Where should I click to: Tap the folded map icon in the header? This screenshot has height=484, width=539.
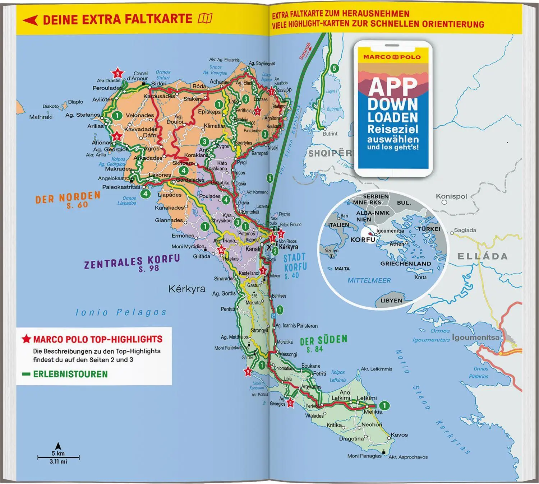[205, 18]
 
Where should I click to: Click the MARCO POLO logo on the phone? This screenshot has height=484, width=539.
[392, 57]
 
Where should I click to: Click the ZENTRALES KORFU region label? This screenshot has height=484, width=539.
[132, 263]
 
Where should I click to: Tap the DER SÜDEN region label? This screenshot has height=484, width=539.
[323, 343]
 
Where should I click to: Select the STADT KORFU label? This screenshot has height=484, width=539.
[295, 266]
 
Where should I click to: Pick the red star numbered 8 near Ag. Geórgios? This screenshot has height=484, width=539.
[290, 403]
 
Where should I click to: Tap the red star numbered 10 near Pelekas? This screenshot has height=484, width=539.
[221, 250]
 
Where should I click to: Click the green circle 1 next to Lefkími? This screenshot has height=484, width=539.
[384, 406]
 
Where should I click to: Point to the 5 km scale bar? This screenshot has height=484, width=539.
[58, 457]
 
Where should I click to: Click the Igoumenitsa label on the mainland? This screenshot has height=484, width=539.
[475, 338]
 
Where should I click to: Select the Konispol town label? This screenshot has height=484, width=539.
[451, 196]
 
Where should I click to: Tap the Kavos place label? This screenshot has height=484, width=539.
[399, 435]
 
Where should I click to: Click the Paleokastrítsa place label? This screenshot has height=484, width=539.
[121, 187]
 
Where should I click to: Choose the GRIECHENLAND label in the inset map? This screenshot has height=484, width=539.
[406, 264]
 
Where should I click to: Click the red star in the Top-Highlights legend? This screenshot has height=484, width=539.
[26, 339]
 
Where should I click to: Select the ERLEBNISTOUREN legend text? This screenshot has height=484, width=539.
[70, 374]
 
